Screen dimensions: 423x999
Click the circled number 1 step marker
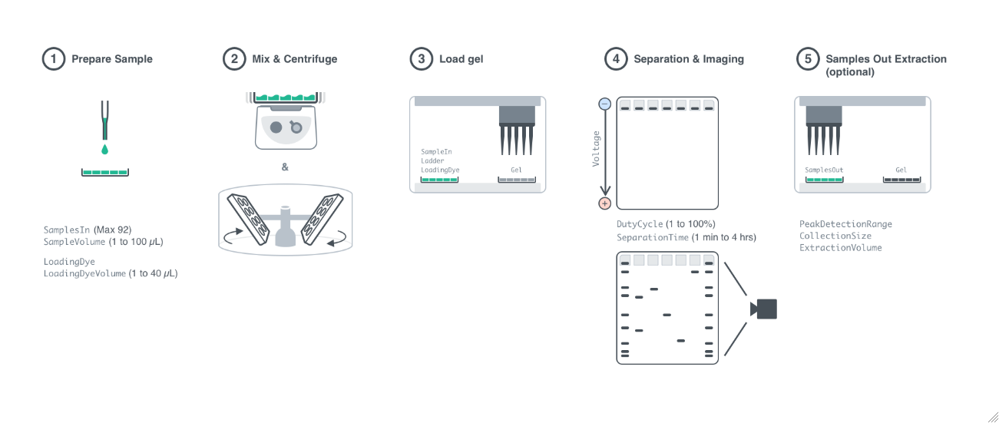click(52, 59)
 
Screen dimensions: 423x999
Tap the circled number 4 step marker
click(614, 59)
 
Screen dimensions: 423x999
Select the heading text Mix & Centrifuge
click(294, 59)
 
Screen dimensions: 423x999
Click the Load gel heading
click(461, 59)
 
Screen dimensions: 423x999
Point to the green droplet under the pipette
click(104, 149)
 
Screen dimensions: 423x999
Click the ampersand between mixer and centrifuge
click(285, 167)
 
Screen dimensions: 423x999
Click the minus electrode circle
click(604, 104)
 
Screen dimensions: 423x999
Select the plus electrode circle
click(604, 203)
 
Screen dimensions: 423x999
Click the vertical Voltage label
click(596, 149)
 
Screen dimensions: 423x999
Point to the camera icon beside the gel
click(764, 309)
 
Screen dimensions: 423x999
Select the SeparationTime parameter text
click(652, 238)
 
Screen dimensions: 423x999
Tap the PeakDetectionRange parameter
click(845, 224)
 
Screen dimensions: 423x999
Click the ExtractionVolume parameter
click(840, 248)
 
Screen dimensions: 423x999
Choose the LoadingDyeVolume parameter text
click(84, 273)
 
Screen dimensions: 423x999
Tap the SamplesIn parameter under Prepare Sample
click(67, 230)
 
